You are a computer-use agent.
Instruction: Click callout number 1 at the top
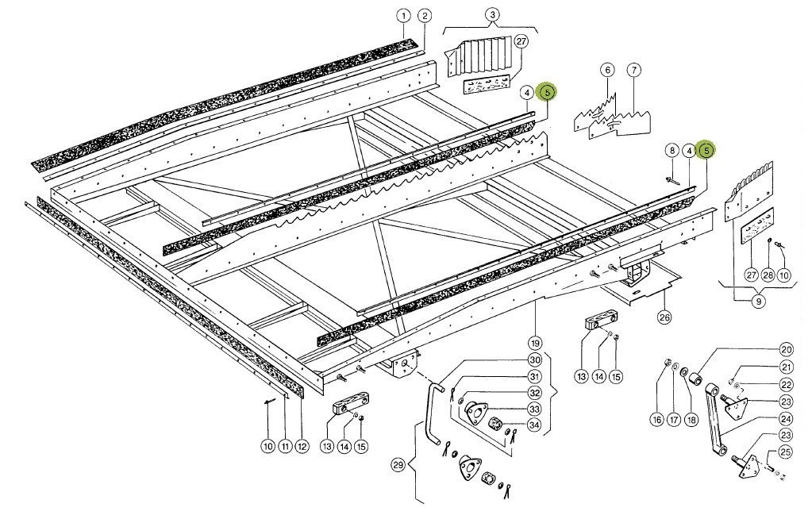tap(403, 16)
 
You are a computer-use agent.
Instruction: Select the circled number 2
tap(425, 16)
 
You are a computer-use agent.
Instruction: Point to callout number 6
tap(608, 71)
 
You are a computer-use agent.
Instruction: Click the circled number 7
tap(633, 71)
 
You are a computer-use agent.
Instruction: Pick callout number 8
tap(672, 150)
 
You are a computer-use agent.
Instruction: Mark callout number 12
tap(302, 447)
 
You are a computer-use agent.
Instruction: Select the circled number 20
tap(787, 349)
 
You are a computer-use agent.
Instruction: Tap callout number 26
tap(664, 318)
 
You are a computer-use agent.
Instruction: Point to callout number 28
tap(768, 275)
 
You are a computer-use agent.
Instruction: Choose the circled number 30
tap(534, 359)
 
